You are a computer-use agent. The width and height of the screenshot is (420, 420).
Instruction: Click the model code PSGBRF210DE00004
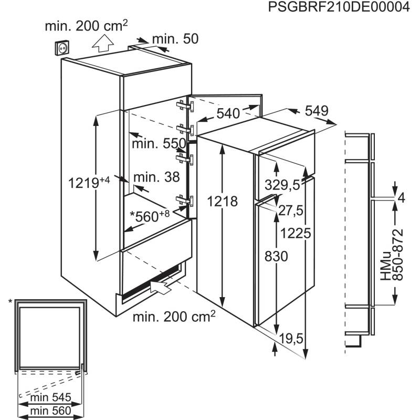(339, 7)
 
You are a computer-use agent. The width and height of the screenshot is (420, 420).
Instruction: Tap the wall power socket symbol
(62, 48)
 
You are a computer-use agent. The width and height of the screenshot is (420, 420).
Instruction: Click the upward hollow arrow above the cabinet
(103, 44)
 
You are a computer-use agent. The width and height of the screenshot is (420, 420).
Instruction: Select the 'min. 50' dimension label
(175, 39)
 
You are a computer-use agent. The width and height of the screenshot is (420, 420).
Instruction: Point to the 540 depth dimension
(228, 113)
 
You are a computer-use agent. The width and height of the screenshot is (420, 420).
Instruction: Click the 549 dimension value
(317, 111)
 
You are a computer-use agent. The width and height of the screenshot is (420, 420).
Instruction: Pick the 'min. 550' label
(159, 143)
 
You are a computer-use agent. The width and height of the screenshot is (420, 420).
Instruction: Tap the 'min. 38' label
(156, 177)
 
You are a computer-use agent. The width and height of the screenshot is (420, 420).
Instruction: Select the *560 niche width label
(150, 216)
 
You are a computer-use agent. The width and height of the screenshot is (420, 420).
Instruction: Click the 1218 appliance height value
(223, 202)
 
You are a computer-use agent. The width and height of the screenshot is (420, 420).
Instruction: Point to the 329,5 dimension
(282, 185)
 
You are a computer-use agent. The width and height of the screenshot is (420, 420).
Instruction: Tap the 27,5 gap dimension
(291, 211)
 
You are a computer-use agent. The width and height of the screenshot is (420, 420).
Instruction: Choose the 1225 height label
(296, 233)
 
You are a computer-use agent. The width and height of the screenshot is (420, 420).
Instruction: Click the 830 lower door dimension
(276, 256)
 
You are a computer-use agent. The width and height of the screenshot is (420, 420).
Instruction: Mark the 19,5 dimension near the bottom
(291, 339)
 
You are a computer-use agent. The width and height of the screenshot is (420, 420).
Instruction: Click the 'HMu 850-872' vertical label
(392, 255)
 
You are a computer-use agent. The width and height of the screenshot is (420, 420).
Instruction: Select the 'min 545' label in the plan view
(50, 397)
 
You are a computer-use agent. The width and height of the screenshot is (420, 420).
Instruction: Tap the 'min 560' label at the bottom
(50, 411)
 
